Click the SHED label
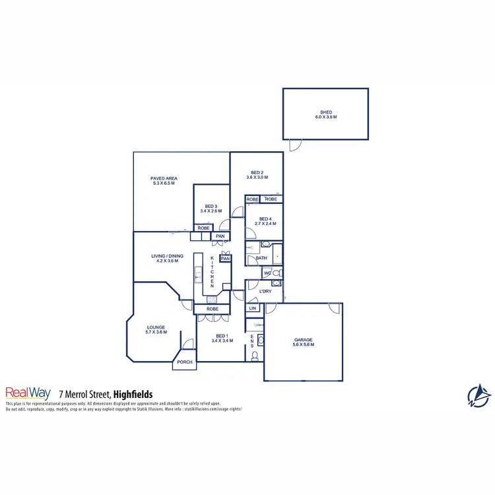[325, 112]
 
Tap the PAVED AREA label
[164, 178]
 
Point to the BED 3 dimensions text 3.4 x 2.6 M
[211, 211]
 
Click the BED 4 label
[265, 218]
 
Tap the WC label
[267, 273]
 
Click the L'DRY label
[265, 291]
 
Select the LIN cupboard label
[252, 308]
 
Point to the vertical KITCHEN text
[213, 271]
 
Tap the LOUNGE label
[156, 327]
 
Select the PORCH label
[185, 362]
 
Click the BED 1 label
[221, 335]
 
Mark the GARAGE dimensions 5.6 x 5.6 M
[304, 345]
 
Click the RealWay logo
[28, 392]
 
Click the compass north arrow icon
[478, 395]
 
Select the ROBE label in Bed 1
[212, 309]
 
